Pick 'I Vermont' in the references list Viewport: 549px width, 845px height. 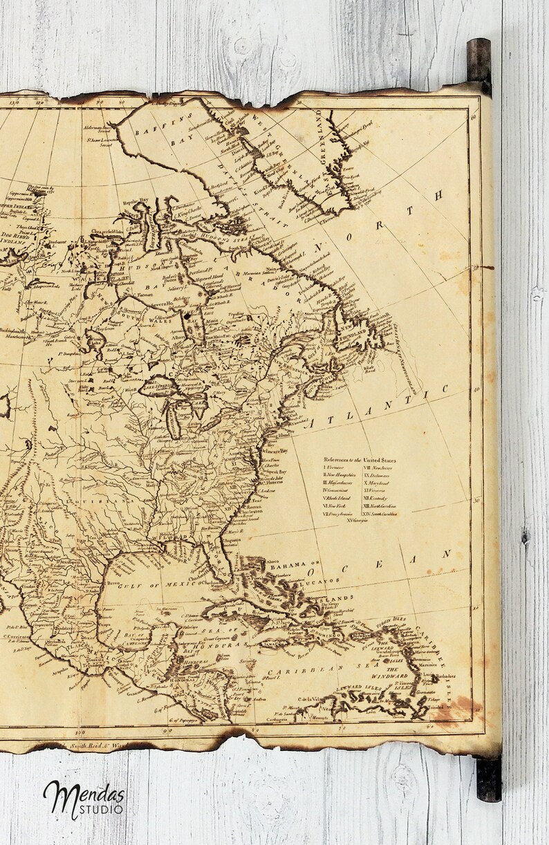pyautogui.click(x=335, y=468)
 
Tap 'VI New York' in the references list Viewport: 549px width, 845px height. pyautogui.click(x=336, y=506)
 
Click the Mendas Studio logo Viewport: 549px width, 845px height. pyautogui.click(x=84, y=798)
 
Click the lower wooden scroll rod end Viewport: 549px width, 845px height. pyautogui.click(x=489, y=778)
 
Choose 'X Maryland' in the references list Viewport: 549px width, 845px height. pyautogui.click(x=378, y=483)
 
